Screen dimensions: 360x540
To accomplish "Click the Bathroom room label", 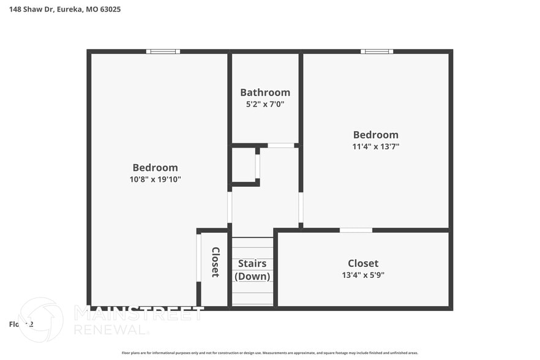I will click(x=264, y=92).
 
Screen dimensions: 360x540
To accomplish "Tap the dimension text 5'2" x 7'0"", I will click(x=264, y=104).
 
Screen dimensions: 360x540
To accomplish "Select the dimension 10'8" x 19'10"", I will click(x=155, y=179).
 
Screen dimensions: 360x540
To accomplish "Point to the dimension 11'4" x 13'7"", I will click(x=375, y=146).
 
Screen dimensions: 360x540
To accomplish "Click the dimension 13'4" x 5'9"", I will click(x=363, y=275).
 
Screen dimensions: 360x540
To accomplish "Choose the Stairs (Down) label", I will click(x=252, y=270).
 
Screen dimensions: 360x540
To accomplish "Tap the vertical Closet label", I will click(x=216, y=262).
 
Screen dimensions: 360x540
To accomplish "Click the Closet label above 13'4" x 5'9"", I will click(x=363, y=263).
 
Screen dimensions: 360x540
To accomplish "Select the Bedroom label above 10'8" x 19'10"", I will click(x=155, y=168).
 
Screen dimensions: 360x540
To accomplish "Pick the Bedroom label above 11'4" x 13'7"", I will click(x=375, y=135).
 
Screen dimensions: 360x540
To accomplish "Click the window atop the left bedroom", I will click(x=163, y=51).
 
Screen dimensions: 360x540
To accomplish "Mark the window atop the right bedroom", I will click(x=377, y=51).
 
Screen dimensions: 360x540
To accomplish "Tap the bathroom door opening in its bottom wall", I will click(x=280, y=146).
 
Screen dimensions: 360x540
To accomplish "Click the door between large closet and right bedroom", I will click(x=356, y=230).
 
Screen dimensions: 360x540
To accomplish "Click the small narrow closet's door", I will click(x=198, y=258).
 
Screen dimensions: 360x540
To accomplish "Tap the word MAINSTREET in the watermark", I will click(x=139, y=313).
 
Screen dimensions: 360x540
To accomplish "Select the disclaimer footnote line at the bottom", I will click(x=270, y=353).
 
